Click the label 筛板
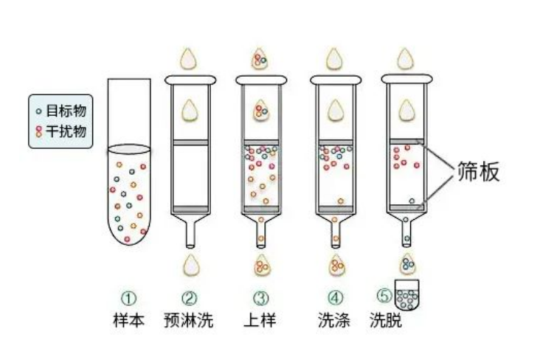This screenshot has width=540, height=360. [479, 171]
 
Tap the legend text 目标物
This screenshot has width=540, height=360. [66, 111]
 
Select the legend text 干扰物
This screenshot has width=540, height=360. [66, 131]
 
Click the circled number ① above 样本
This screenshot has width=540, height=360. [129, 299]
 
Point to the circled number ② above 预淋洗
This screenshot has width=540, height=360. [190, 299]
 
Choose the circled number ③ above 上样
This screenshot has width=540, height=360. [260, 299]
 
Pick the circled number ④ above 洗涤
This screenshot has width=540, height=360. [336, 299]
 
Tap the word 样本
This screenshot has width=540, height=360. [127, 322]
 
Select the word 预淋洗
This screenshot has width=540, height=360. [189, 322]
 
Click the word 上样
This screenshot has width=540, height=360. [259, 322]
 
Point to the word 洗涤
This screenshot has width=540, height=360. [333, 322]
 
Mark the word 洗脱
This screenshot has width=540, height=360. [388, 322]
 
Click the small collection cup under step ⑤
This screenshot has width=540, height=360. [406, 297]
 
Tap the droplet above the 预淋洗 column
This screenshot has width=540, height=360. [190, 58]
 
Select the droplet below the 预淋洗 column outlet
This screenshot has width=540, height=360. [190, 263]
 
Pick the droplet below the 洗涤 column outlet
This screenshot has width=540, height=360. [336, 263]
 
